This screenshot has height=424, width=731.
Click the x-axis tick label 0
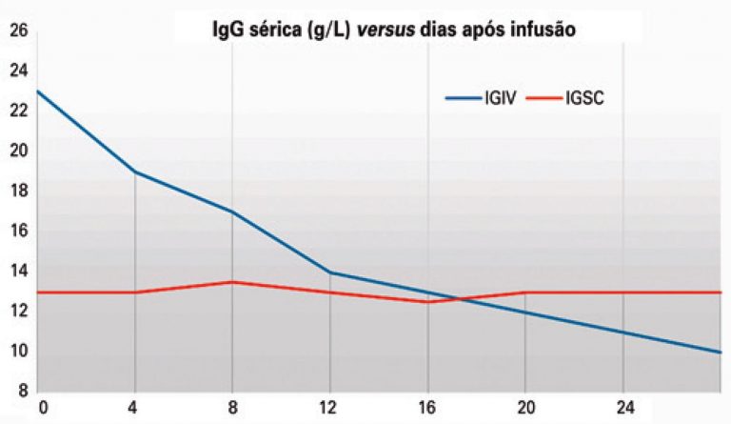pyautogui.click(x=39, y=407)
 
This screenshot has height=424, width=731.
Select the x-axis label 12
pyautogui.click(x=329, y=407)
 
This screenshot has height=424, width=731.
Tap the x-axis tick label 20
pyautogui.click(x=524, y=407)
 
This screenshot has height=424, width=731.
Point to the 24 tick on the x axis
pyautogui.click(x=622, y=407)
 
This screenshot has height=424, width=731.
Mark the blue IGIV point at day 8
pyautogui.click(x=232, y=212)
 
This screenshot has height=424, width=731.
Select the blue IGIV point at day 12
pyautogui.click(x=329, y=273)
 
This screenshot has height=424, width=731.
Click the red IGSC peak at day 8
pyautogui.click(x=232, y=282)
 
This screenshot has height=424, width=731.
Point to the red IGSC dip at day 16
pyautogui.click(x=427, y=302)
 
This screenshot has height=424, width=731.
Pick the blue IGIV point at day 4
pyautogui.click(x=135, y=172)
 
